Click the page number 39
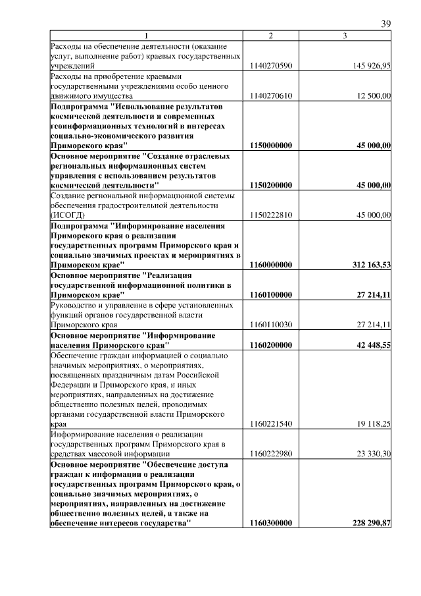point(386,24)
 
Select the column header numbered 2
point(270,35)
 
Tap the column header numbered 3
point(345,35)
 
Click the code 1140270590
point(271,66)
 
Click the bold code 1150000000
point(271,145)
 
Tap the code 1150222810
point(271,215)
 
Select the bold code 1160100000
point(271,295)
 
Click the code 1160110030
point(271,325)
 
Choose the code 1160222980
point(271,454)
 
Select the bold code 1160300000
point(271,523)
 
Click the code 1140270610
point(271,96)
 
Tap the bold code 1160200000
point(271,344)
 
